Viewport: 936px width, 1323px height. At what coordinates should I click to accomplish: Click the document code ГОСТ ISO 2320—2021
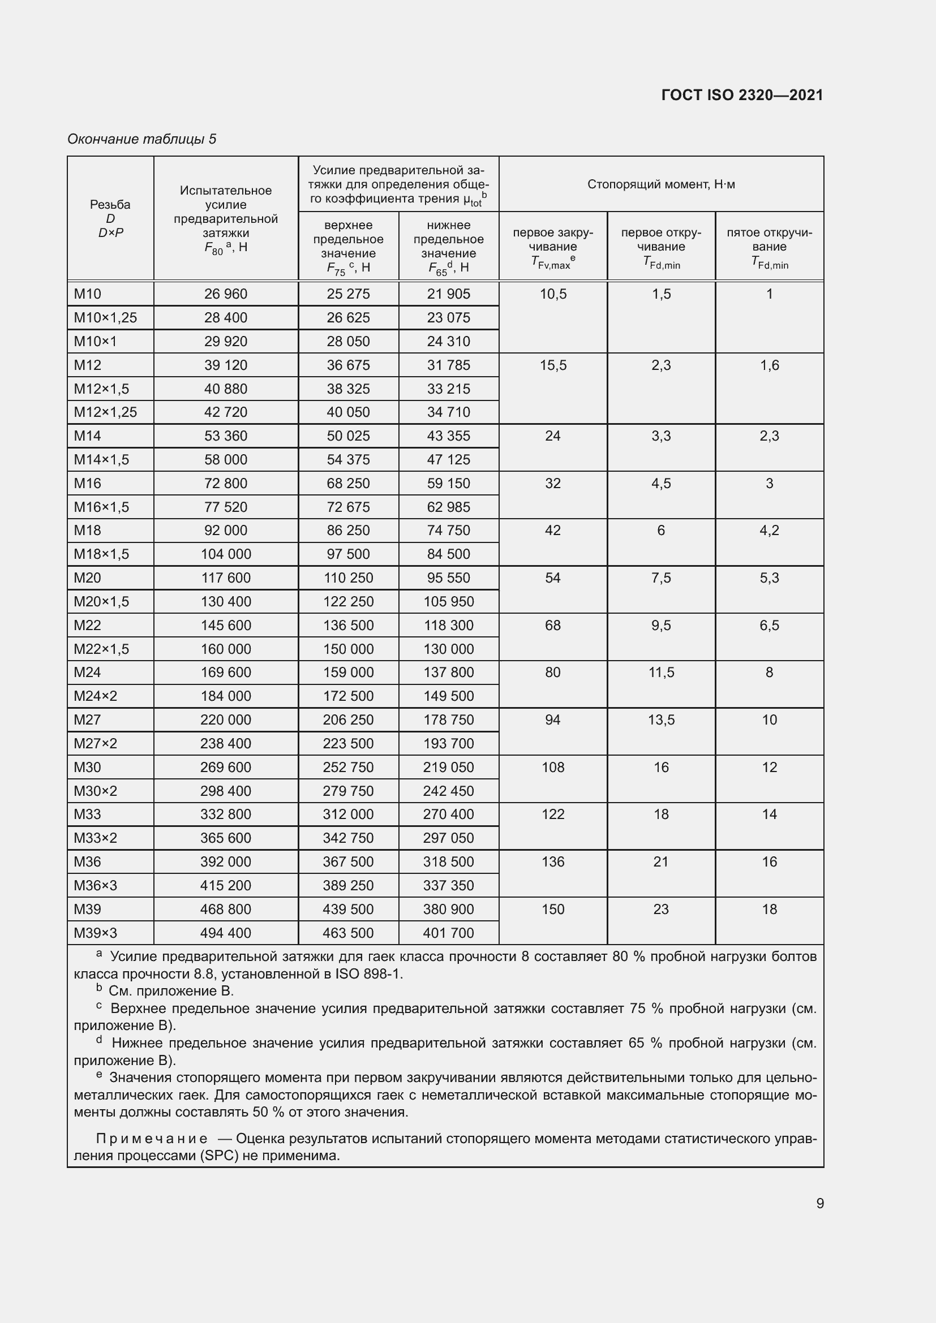[742, 95]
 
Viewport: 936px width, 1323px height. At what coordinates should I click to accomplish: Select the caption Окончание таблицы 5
[142, 139]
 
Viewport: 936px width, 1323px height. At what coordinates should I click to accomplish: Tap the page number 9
[819, 1203]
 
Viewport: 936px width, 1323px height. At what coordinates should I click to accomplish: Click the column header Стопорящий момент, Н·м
[661, 184]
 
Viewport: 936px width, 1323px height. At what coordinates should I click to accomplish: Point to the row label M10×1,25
[105, 317]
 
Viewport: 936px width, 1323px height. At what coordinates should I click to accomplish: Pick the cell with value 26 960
[225, 294]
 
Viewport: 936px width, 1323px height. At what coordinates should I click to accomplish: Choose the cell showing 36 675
[348, 365]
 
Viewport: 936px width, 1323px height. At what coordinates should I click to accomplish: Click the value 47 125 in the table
[448, 460]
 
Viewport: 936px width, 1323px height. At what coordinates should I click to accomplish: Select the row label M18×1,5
[101, 554]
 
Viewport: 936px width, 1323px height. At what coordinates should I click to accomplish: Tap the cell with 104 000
[225, 554]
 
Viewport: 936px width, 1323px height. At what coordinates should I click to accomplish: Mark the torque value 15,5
[553, 365]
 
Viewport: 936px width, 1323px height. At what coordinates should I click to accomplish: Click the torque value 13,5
[661, 719]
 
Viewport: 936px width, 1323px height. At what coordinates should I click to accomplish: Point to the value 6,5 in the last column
[770, 625]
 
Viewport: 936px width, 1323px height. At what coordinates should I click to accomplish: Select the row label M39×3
[96, 933]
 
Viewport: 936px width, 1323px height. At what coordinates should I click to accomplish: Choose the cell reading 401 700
[448, 933]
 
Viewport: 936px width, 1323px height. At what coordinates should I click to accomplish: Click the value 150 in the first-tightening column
[553, 910]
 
